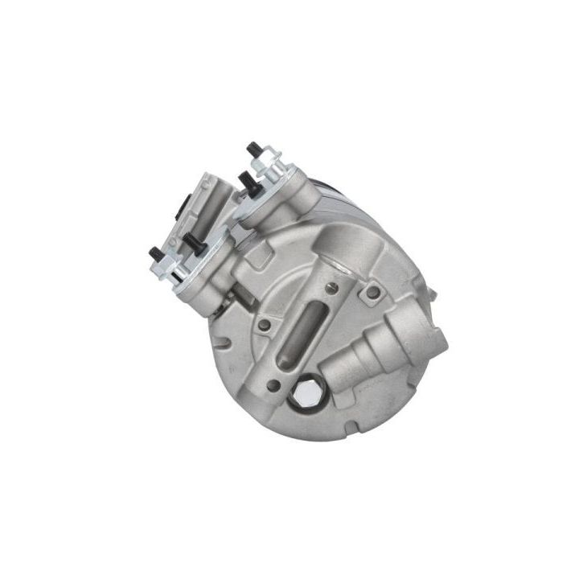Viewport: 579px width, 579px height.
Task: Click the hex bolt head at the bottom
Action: [306, 394]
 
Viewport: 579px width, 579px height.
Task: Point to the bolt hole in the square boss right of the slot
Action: [372, 292]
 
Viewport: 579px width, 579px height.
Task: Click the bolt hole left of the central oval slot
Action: [263, 325]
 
